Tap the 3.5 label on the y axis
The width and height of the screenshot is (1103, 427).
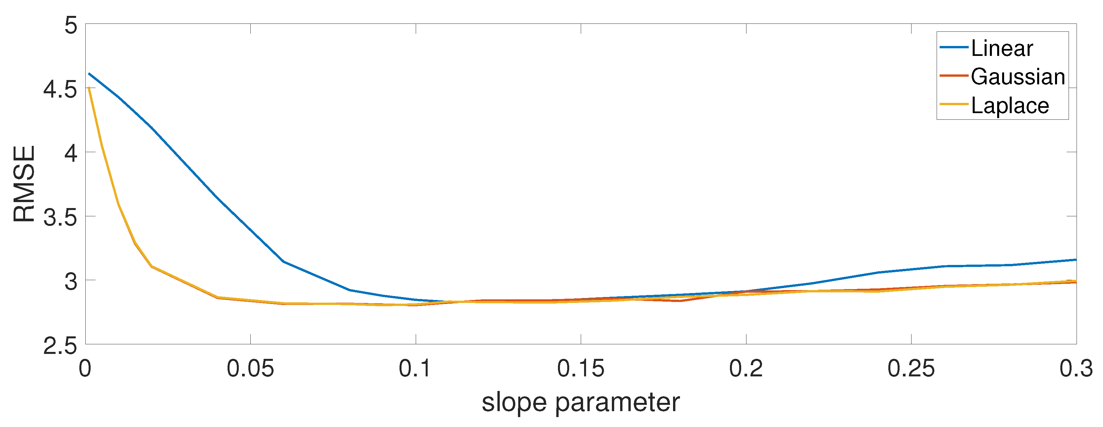pyautogui.click(x=61, y=218)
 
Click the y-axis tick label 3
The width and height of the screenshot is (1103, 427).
pyautogui.click(x=71, y=281)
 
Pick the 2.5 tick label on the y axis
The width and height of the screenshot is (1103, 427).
pyautogui.click(x=61, y=346)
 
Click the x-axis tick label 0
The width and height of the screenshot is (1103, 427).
pyautogui.click(x=85, y=368)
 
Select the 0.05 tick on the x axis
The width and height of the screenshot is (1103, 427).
pyautogui.click(x=250, y=368)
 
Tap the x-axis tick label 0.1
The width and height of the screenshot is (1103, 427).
pyautogui.click(x=415, y=368)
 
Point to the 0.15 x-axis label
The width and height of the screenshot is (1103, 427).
pyautogui.click(x=581, y=368)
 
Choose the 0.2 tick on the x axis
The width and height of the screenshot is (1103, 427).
pyautogui.click(x=746, y=368)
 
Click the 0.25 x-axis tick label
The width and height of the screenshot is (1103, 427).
pyautogui.click(x=911, y=368)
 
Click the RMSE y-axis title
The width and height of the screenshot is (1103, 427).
pyautogui.click(x=24, y=184)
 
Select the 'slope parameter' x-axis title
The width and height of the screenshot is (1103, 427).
pyautogui.click(x=581, y=403)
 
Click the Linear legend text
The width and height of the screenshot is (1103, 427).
pyautogui.click(x=1002, y=48)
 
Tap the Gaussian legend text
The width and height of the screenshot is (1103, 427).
pyautogui.click(x=1018, y=77)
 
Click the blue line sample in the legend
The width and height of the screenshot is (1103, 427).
pyautogui.click(x=954, y=47)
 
